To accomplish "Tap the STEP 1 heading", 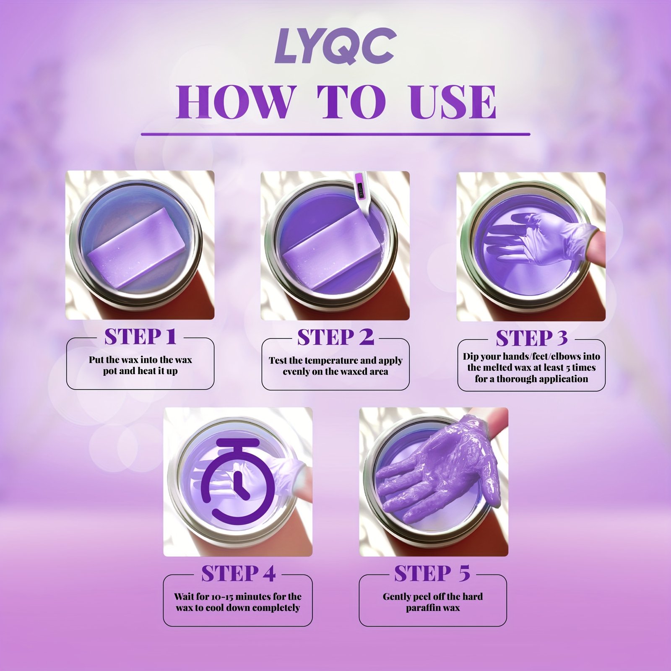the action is (140, 337).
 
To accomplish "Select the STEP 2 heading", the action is (335, 337).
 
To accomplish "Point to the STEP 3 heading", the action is (531, 338).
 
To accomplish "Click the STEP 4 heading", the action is (238, 574).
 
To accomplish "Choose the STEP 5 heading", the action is (432, 574).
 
